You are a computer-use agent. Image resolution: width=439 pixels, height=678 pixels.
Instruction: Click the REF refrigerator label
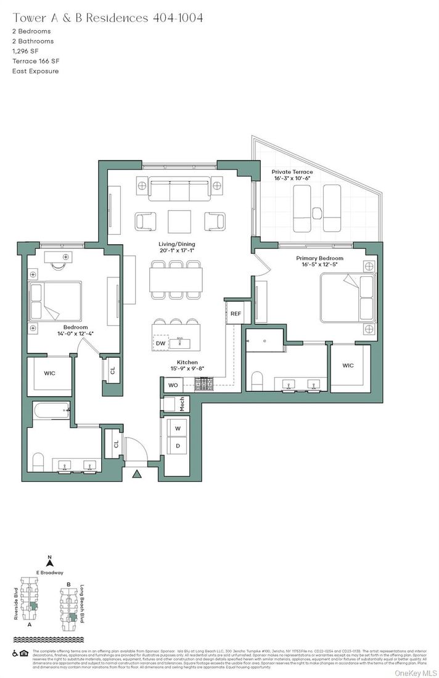236,314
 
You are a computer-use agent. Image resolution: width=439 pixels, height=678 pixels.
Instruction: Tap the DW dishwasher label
160,343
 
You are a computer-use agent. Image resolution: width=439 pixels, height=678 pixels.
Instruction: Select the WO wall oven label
173,385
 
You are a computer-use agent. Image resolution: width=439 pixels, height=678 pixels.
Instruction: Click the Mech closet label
182,405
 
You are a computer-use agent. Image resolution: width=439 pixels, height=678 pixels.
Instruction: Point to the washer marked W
178,428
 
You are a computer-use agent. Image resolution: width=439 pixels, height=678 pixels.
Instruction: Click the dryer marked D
178,446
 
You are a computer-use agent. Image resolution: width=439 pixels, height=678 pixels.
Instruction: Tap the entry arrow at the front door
136,474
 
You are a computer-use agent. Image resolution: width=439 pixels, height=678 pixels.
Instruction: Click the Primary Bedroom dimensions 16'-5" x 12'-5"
319,265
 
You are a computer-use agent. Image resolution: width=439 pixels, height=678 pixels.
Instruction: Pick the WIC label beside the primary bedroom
348,366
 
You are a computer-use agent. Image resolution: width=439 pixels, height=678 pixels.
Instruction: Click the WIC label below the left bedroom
50,373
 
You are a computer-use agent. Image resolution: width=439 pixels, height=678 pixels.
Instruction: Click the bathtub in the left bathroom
50,410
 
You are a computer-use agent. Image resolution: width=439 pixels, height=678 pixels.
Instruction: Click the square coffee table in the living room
179,221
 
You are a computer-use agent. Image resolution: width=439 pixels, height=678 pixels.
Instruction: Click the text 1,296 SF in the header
26,51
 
